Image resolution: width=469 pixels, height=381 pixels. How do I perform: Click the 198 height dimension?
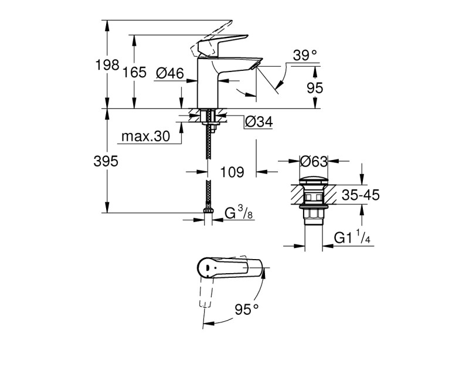(x=107, y=65)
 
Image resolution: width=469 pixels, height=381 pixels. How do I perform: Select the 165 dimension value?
(x=134, y=73)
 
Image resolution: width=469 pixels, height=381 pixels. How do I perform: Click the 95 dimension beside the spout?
(x=315, y=88)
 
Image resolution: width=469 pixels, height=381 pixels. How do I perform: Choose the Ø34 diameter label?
(x=258, y=122)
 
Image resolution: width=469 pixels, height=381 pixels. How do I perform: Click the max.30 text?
(x=145, y=137)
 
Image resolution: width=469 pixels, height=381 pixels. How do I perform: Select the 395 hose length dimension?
(x=107, y=161)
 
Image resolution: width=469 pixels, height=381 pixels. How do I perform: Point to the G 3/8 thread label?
(x=239, y=213)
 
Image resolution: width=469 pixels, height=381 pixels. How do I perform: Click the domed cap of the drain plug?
(x=314, y=179)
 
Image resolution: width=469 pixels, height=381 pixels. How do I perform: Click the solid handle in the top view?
(x=229, y=269)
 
